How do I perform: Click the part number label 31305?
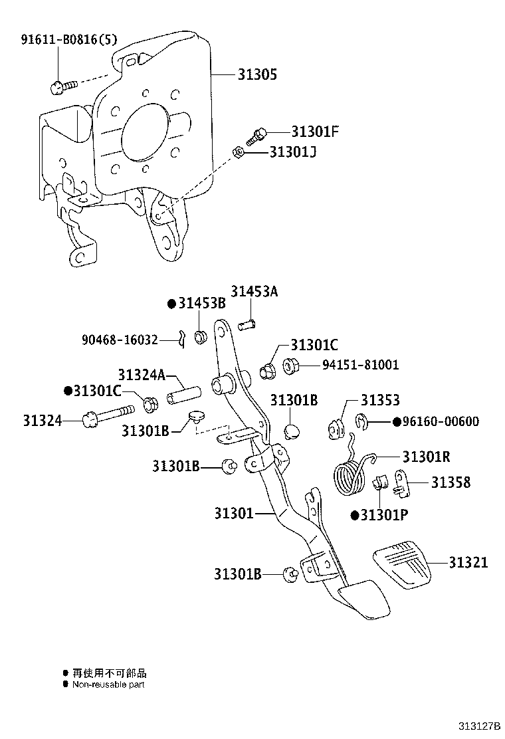(x=257, y=74)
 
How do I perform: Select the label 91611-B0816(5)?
(x=69, y=39)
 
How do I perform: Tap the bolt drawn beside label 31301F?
(x=256, y=136)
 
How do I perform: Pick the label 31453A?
(x=254, y=291)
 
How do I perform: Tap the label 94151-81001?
(x=361, y=365)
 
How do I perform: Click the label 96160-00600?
(x=440, y=421)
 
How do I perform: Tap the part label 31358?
(x=451, y=482)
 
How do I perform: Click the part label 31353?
(x=380, y=400)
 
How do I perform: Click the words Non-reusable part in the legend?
(x=108, y=685)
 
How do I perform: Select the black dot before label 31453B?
(x=171, y=304)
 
